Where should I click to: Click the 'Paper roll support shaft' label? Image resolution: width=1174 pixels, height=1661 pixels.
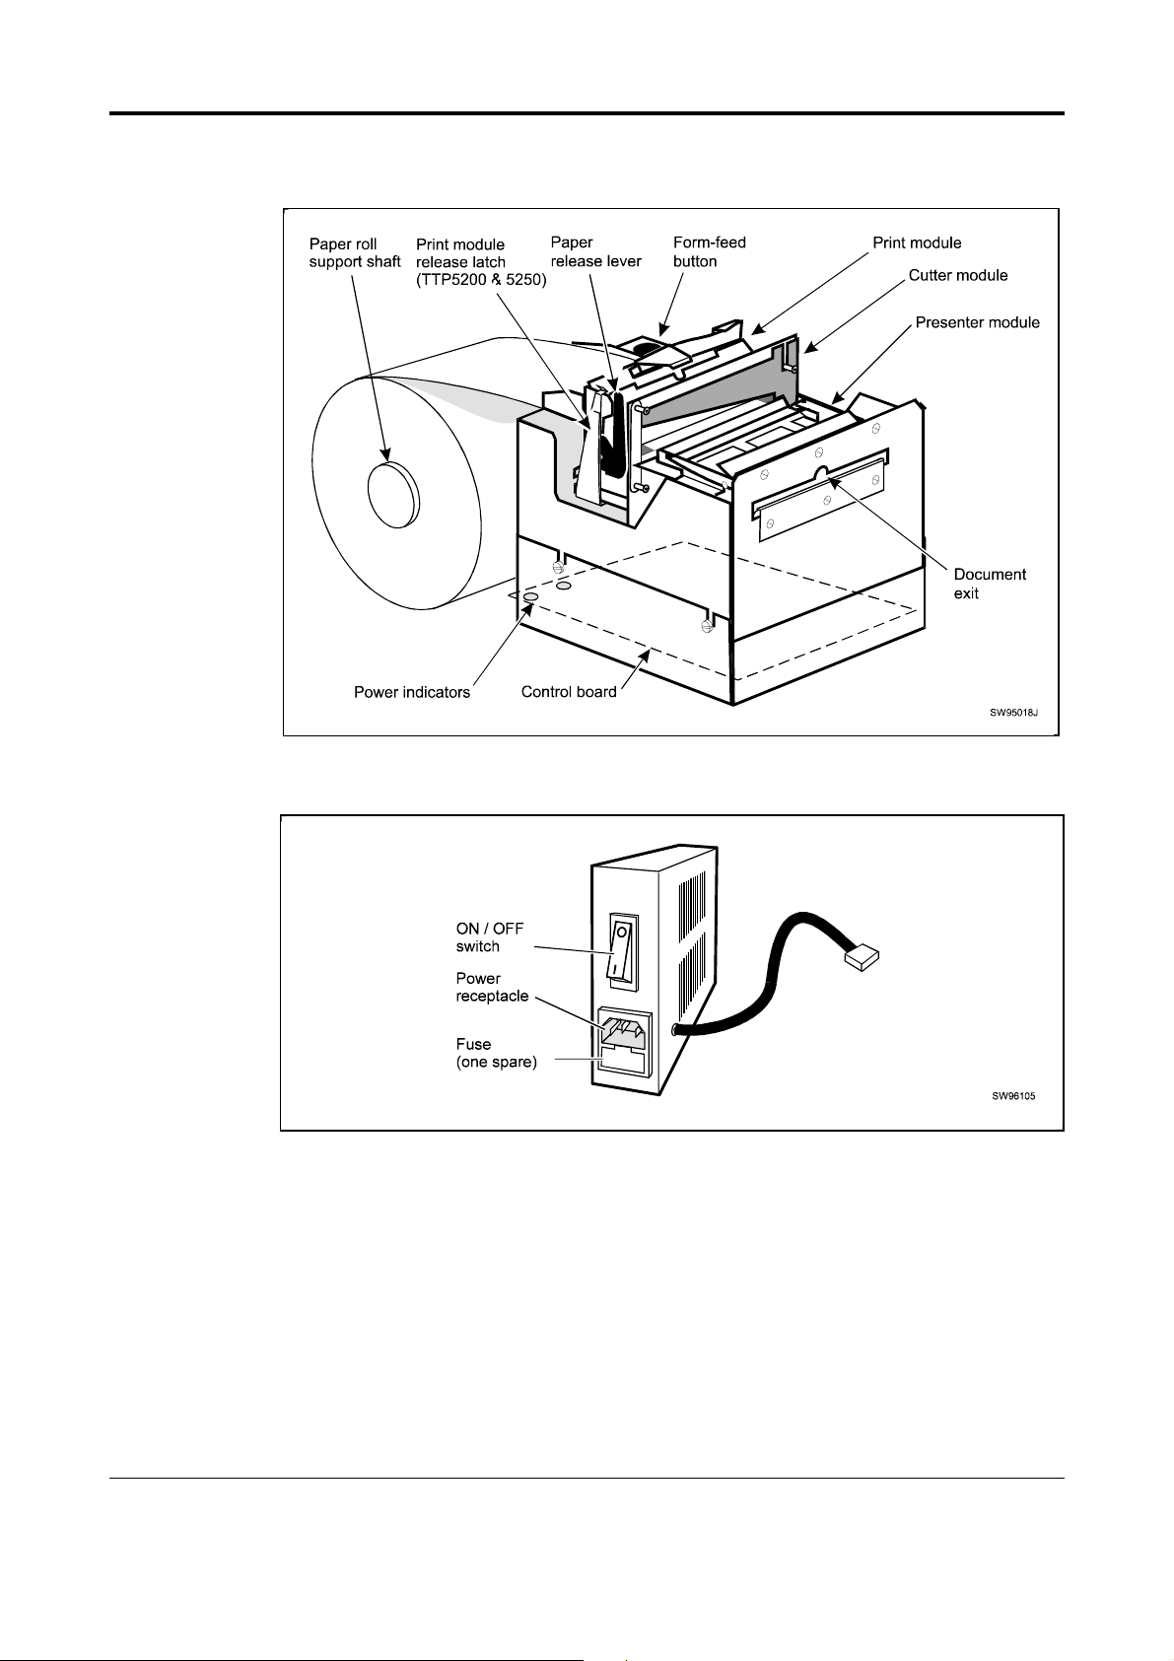pyautogui.click(x=355, y=253)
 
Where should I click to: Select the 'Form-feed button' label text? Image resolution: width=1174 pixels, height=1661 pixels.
pyautogui.click(x=709, y=251)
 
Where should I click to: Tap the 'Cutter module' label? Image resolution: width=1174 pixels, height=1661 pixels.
pyautogui.click(x=958, y=275)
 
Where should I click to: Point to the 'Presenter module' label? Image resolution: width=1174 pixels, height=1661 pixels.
pyautogui.click(x=978, y=322)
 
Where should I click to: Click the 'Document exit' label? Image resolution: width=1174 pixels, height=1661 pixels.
pyautogui.click(x=990, y=584)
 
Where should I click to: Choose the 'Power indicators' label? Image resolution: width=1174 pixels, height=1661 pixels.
pyautogui.click(x=412, y=692)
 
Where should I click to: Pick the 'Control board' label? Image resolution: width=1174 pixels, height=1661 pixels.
pyautogui.click(x=569, y=692)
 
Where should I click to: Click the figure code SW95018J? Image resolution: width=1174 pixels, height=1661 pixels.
pyautogui.click(x=1013, y=713)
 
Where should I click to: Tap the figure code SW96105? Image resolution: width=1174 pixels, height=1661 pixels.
pyautogui.click(x=1013, y=1096)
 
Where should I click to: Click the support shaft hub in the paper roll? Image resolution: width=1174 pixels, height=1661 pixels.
pyautogui.click(x=394, y=494)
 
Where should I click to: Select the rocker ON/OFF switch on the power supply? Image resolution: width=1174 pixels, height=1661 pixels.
pyautogui.click(x=623, y=950)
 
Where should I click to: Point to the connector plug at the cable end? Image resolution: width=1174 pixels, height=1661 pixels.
pyautogui.click(x=862, y=958)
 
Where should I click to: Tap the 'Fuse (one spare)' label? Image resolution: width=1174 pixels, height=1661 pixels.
pyautogui.click(x=496, y=1053)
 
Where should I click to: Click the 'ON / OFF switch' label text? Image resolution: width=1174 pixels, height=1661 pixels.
pyautogui.click(x=490, y=937)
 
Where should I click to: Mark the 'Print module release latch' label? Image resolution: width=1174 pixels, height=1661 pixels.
pyautogui.click(x=481, y=262)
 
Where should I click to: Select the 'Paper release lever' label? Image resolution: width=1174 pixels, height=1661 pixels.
pyautogui.click(x=595, y=251)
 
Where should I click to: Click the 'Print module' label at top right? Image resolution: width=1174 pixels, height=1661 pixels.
pyautogui.click(x=917, y=242)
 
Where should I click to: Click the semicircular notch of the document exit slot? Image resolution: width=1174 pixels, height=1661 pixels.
pyautogui.click(x=822, y=473)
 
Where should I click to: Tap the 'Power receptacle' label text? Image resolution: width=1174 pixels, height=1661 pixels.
pyautogui.click(x=492, y=987)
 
